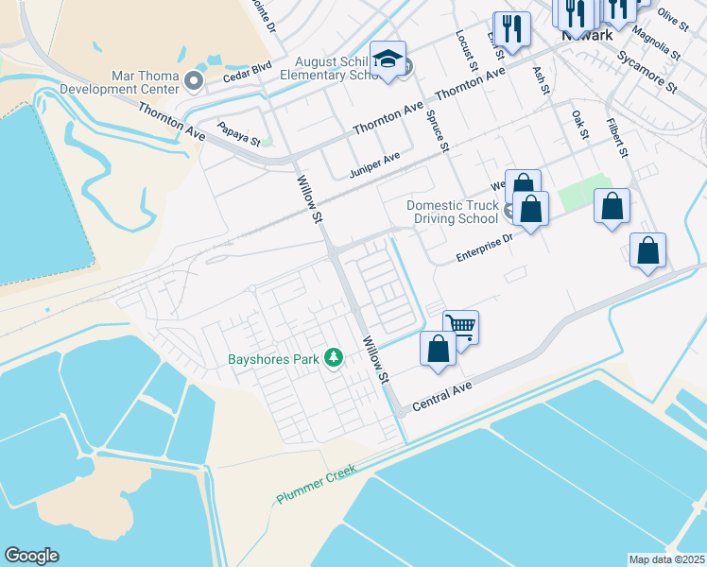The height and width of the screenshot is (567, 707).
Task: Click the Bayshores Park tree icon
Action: click(x=333, y=358)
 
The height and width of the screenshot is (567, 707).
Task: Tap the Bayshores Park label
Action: click(x=274, y=359)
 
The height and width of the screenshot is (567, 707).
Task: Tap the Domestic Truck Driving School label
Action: click(x=452, y=212)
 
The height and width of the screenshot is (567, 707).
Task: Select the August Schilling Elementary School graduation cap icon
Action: click(x=388, y=60)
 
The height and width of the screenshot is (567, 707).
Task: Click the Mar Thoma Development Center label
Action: click(x=119, y=82)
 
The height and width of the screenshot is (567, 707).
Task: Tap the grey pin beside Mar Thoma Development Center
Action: click(x=195, y=82)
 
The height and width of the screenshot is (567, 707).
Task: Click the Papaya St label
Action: click(x=238, y=133)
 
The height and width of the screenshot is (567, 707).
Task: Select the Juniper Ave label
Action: click(x=374, y=164)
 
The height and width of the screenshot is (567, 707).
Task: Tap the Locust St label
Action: click(x=466, y=48)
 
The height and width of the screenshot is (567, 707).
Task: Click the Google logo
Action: click(x=32, y=556)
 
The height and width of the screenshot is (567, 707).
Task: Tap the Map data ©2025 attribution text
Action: click(x=666, y=559)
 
